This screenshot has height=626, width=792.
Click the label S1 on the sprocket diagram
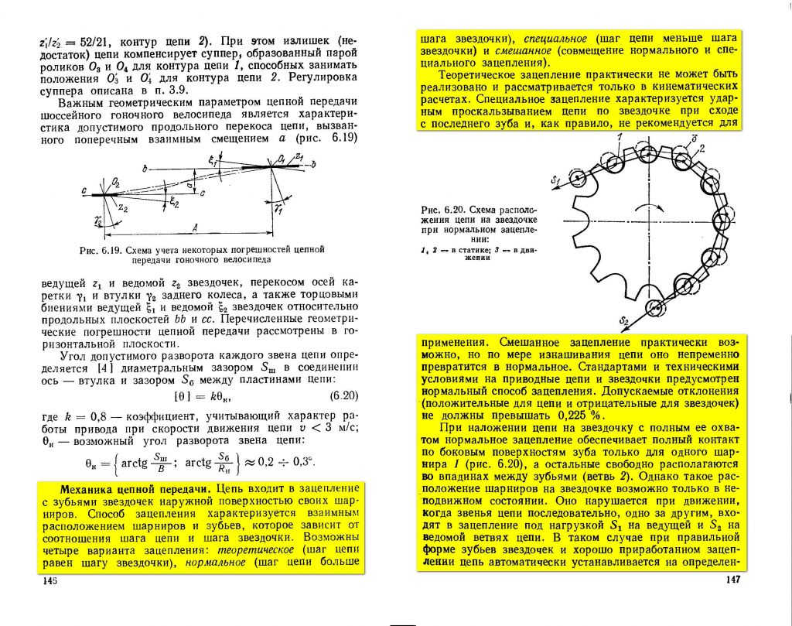click(554, 181)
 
